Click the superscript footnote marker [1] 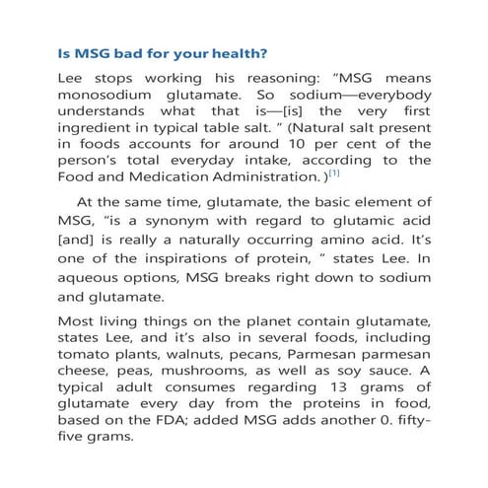pyautogui.click(x=334, y=201)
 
